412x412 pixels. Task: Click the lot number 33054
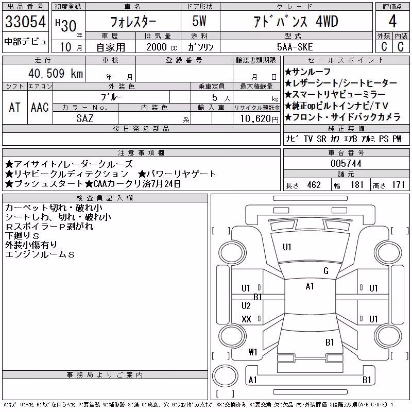25,22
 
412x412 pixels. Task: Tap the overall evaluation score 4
392,21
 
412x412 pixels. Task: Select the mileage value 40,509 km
56,73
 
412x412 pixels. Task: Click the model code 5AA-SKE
295,47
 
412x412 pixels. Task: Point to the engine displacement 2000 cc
161,47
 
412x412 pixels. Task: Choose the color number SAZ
85,118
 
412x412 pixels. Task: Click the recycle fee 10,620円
259,118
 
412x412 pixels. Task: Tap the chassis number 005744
346,163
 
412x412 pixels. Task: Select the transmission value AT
14,107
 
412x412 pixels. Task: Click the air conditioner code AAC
40,107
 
